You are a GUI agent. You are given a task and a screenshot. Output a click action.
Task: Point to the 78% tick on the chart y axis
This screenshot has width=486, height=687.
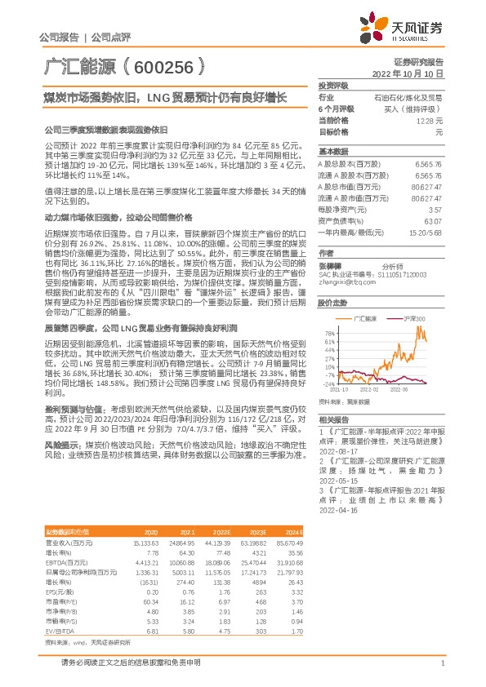click(330, 333)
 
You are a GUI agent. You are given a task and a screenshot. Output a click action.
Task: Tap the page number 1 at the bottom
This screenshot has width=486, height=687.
click(442, 663)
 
